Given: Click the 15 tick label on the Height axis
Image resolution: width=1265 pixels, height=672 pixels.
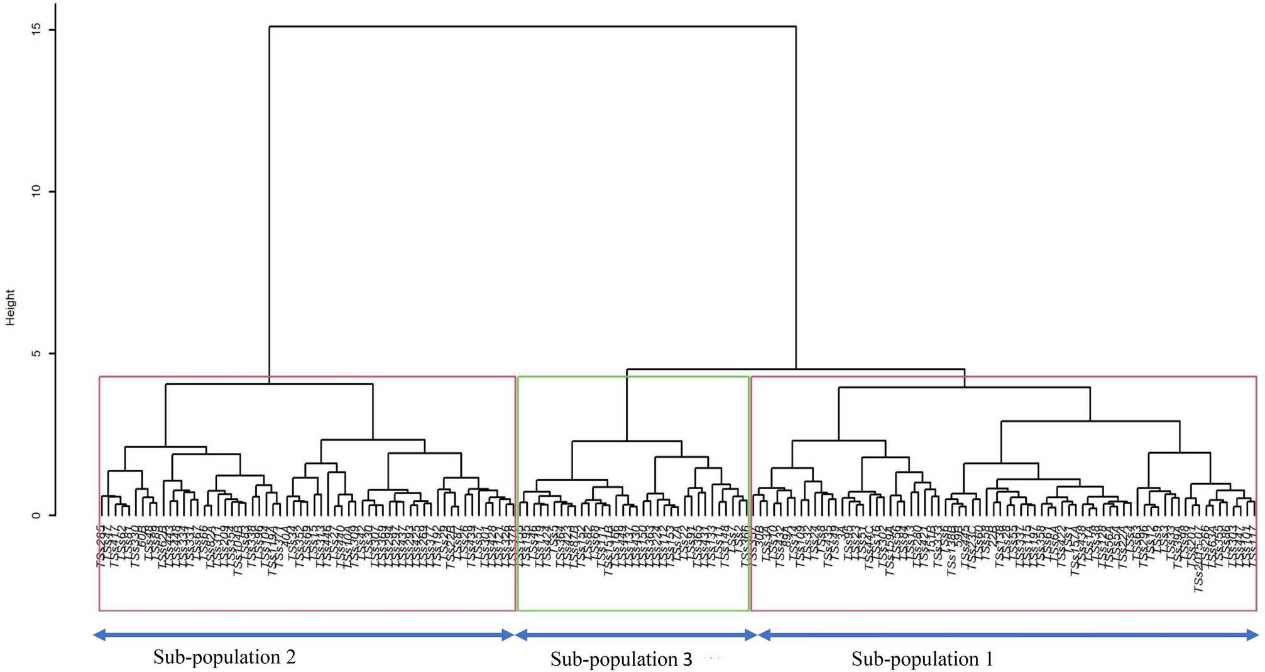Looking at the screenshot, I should pos(36,29).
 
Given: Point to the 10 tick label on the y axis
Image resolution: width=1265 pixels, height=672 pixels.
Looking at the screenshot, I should pos(36,191).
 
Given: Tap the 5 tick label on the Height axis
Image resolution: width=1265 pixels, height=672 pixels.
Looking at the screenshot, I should pos(36,353).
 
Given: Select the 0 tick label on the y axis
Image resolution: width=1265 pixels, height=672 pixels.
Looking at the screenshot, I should pos(36,515).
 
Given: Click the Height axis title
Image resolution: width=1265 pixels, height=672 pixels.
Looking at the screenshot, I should pos(10,307).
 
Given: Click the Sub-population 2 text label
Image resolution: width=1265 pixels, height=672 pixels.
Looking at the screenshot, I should pos(224,657).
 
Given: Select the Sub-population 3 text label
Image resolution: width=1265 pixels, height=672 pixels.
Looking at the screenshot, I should pos(621,659).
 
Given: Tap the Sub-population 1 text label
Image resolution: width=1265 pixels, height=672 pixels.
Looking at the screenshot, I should pos(922,659).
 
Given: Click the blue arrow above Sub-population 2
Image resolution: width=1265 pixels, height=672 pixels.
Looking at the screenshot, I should pos(304,635).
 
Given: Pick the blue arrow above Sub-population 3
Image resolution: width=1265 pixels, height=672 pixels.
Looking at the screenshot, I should pos(635,635).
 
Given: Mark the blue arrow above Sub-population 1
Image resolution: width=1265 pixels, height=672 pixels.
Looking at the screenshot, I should pos(1008,635).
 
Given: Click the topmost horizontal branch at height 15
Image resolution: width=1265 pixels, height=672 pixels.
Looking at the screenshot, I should pos(532,26).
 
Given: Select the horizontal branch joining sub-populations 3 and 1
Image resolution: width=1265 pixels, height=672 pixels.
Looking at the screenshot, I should pos(796,369).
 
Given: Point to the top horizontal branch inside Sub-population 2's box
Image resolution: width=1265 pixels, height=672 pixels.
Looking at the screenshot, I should pos(269,384).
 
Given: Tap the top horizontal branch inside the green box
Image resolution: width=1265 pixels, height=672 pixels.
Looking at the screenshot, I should pos(627,442).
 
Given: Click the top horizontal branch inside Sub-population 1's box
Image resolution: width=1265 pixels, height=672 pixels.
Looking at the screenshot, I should pos(964,387).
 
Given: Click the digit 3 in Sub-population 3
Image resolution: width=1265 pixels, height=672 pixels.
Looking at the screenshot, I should pos(687,659).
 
